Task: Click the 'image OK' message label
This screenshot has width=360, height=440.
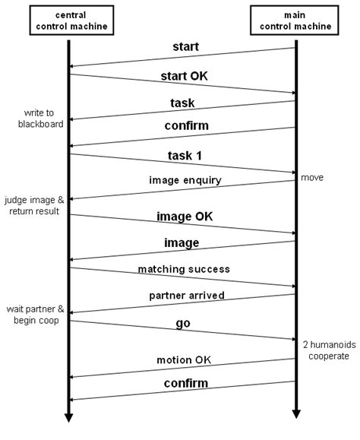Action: (x=183, y=217)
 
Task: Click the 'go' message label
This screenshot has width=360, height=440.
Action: (x=183, y=323)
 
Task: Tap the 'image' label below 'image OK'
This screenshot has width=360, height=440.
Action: (x=183, y=243)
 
